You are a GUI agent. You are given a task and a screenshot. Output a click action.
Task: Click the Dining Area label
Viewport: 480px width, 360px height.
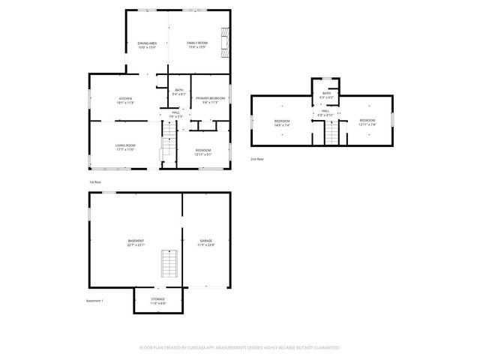147,43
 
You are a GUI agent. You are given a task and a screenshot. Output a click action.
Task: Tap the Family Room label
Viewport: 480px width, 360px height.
197,43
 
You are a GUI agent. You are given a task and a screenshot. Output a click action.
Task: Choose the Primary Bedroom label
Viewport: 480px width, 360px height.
211,98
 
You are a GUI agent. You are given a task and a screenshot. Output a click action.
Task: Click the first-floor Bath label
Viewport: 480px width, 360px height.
178,91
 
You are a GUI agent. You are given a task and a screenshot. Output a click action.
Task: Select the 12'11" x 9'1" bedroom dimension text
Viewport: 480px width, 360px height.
202,154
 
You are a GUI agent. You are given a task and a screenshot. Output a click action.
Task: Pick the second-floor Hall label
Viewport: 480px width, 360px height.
325,111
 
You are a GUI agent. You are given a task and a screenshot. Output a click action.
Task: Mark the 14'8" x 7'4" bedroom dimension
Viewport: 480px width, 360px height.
282,124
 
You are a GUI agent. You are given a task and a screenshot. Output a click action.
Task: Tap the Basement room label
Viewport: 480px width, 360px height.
136,241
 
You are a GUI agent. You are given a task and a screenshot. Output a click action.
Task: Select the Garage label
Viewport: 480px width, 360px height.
205,241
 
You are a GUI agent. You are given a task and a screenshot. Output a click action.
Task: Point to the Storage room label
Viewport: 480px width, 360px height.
157,299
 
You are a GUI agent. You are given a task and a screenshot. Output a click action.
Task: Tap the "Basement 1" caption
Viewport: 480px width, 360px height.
94,301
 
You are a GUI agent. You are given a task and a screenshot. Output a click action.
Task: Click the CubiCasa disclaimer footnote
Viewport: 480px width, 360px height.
240,348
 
